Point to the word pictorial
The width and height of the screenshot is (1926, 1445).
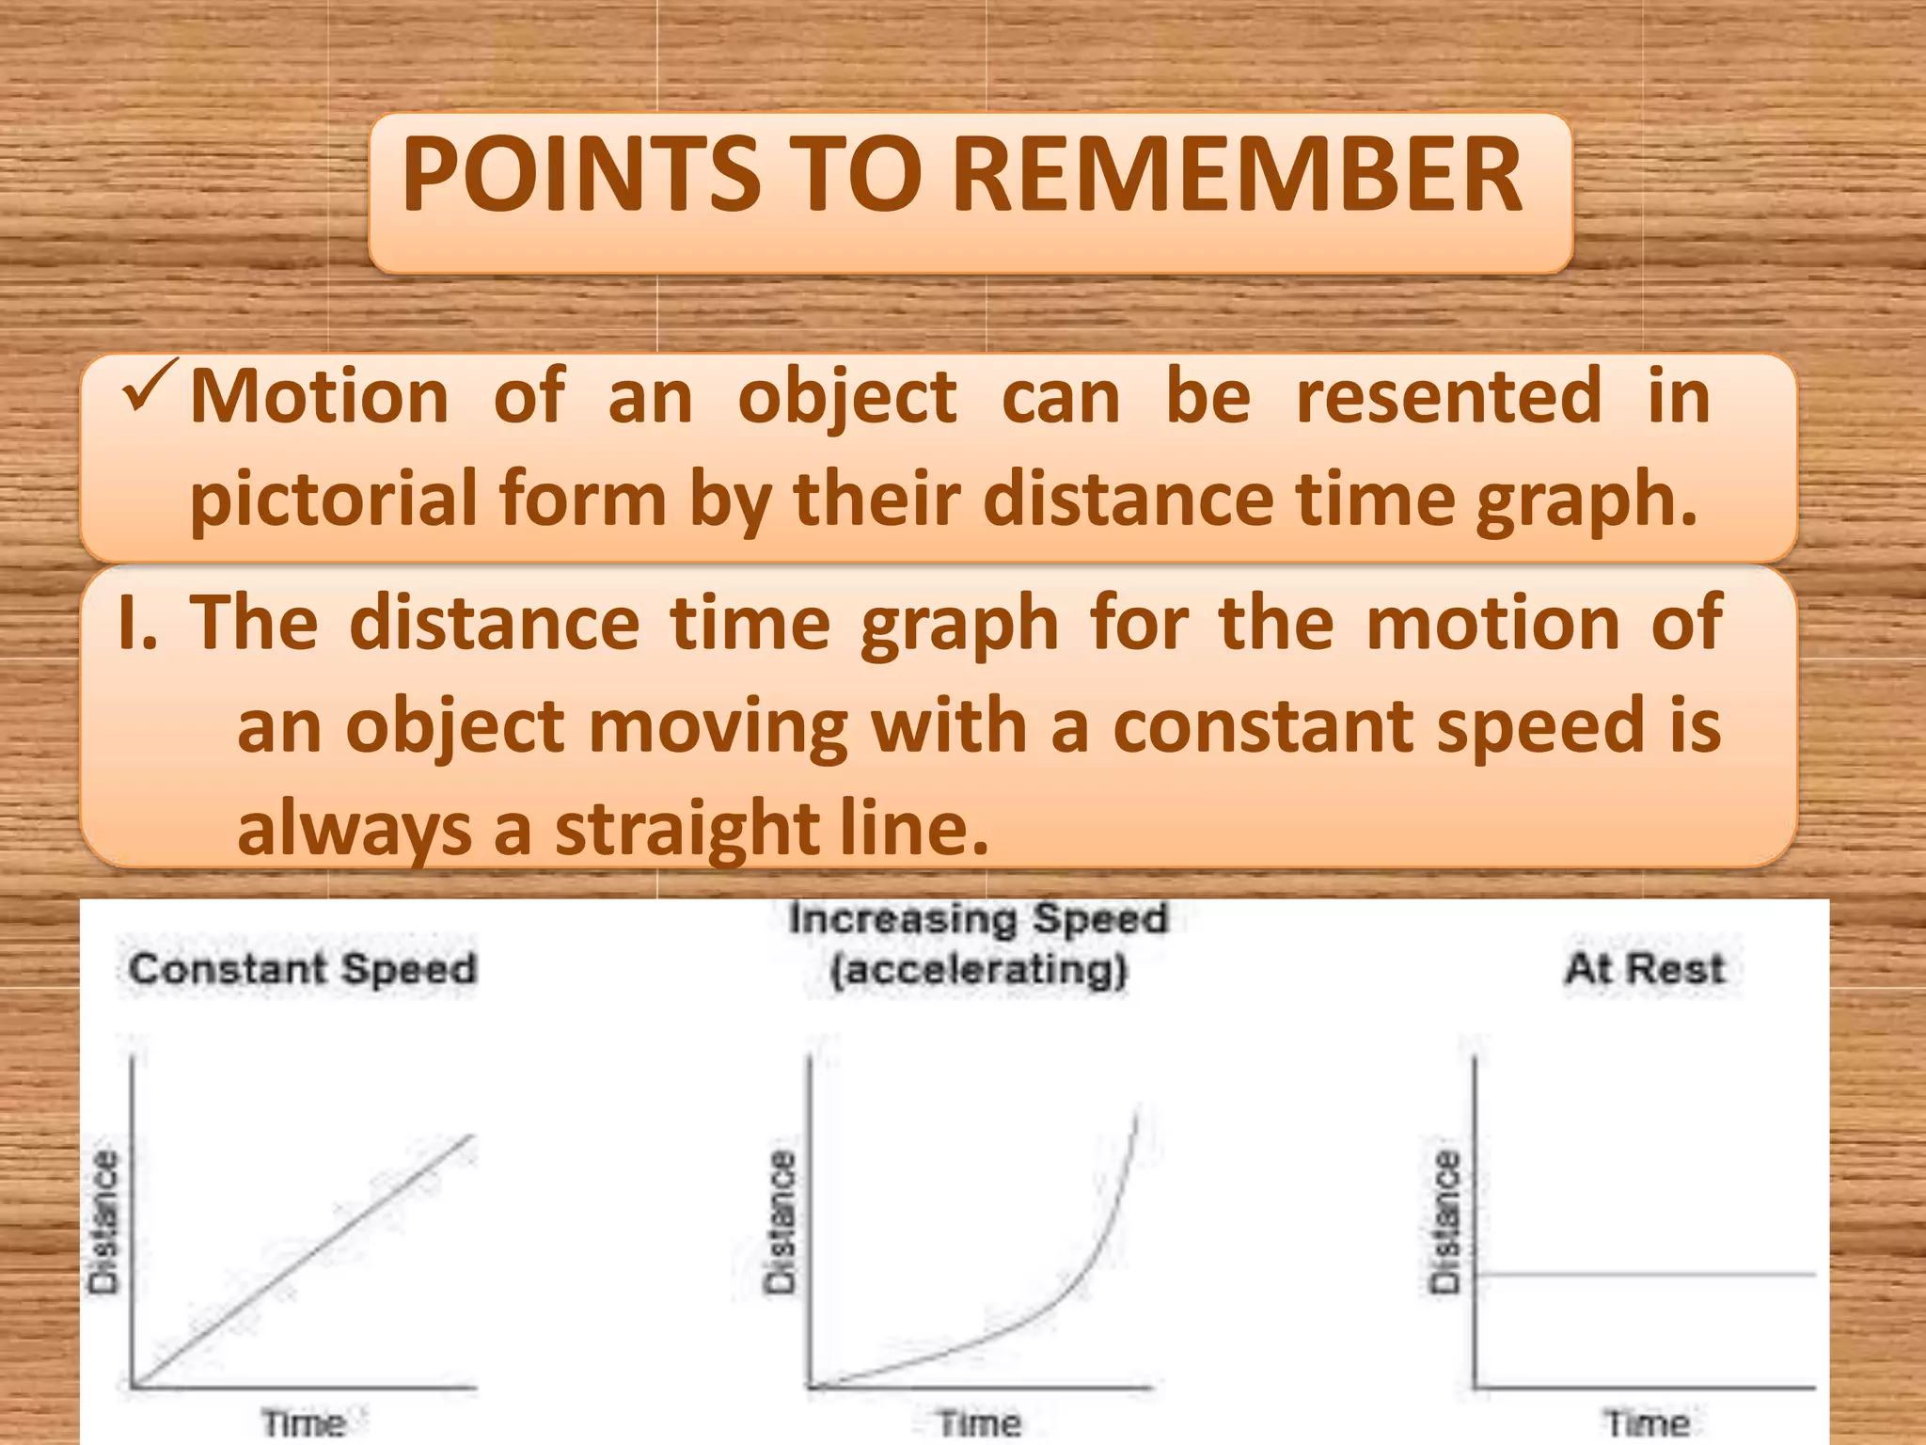(333, 500)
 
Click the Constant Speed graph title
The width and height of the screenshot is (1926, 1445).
(303, 969)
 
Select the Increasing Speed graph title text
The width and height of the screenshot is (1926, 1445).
(978, 919)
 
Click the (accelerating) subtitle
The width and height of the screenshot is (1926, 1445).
(978, 969)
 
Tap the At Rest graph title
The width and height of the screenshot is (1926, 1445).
(1645, 969)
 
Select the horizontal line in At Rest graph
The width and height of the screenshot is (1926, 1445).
(1646, 1275)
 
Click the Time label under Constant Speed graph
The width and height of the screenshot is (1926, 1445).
(303, 1422)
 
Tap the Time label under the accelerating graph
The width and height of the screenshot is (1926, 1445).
(979, 1422)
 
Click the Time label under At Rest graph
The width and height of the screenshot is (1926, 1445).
(1647, 1422)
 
